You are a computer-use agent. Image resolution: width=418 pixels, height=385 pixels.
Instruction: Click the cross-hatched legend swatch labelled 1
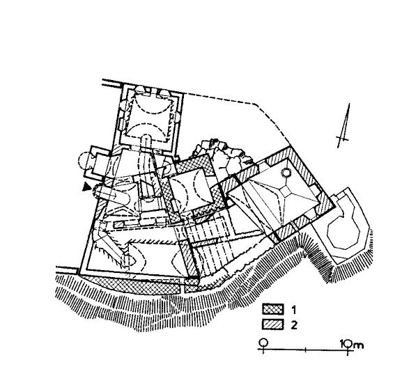click(272, 309)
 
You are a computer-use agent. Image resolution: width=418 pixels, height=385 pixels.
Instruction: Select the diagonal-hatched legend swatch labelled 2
click(272, 324)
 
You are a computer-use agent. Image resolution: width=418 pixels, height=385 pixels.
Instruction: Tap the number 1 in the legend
click(294, 310)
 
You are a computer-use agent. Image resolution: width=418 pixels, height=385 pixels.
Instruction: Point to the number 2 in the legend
click(294, 325)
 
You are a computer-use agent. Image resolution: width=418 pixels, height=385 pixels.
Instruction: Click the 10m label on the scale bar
click(352, 345)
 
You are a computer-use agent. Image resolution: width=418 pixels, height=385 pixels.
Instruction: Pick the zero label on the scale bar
click(263, 343)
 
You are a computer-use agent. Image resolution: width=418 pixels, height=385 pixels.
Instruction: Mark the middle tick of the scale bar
click(306, 349)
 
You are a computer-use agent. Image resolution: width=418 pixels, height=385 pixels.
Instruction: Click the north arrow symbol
click(344, 126)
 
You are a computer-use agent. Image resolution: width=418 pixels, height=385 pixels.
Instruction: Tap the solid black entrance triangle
click(86, 187)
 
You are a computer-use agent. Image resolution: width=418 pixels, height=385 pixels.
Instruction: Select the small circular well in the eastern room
click(286, 173)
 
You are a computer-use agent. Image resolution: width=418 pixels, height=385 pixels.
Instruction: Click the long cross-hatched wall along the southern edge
click(131, 285)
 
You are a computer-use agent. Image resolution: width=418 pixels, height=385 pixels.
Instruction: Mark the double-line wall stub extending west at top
click(112, 82)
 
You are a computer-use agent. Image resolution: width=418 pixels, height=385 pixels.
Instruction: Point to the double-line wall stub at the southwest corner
click(67, 269)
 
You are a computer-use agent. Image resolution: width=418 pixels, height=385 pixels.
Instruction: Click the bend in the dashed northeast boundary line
click(256, 104)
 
